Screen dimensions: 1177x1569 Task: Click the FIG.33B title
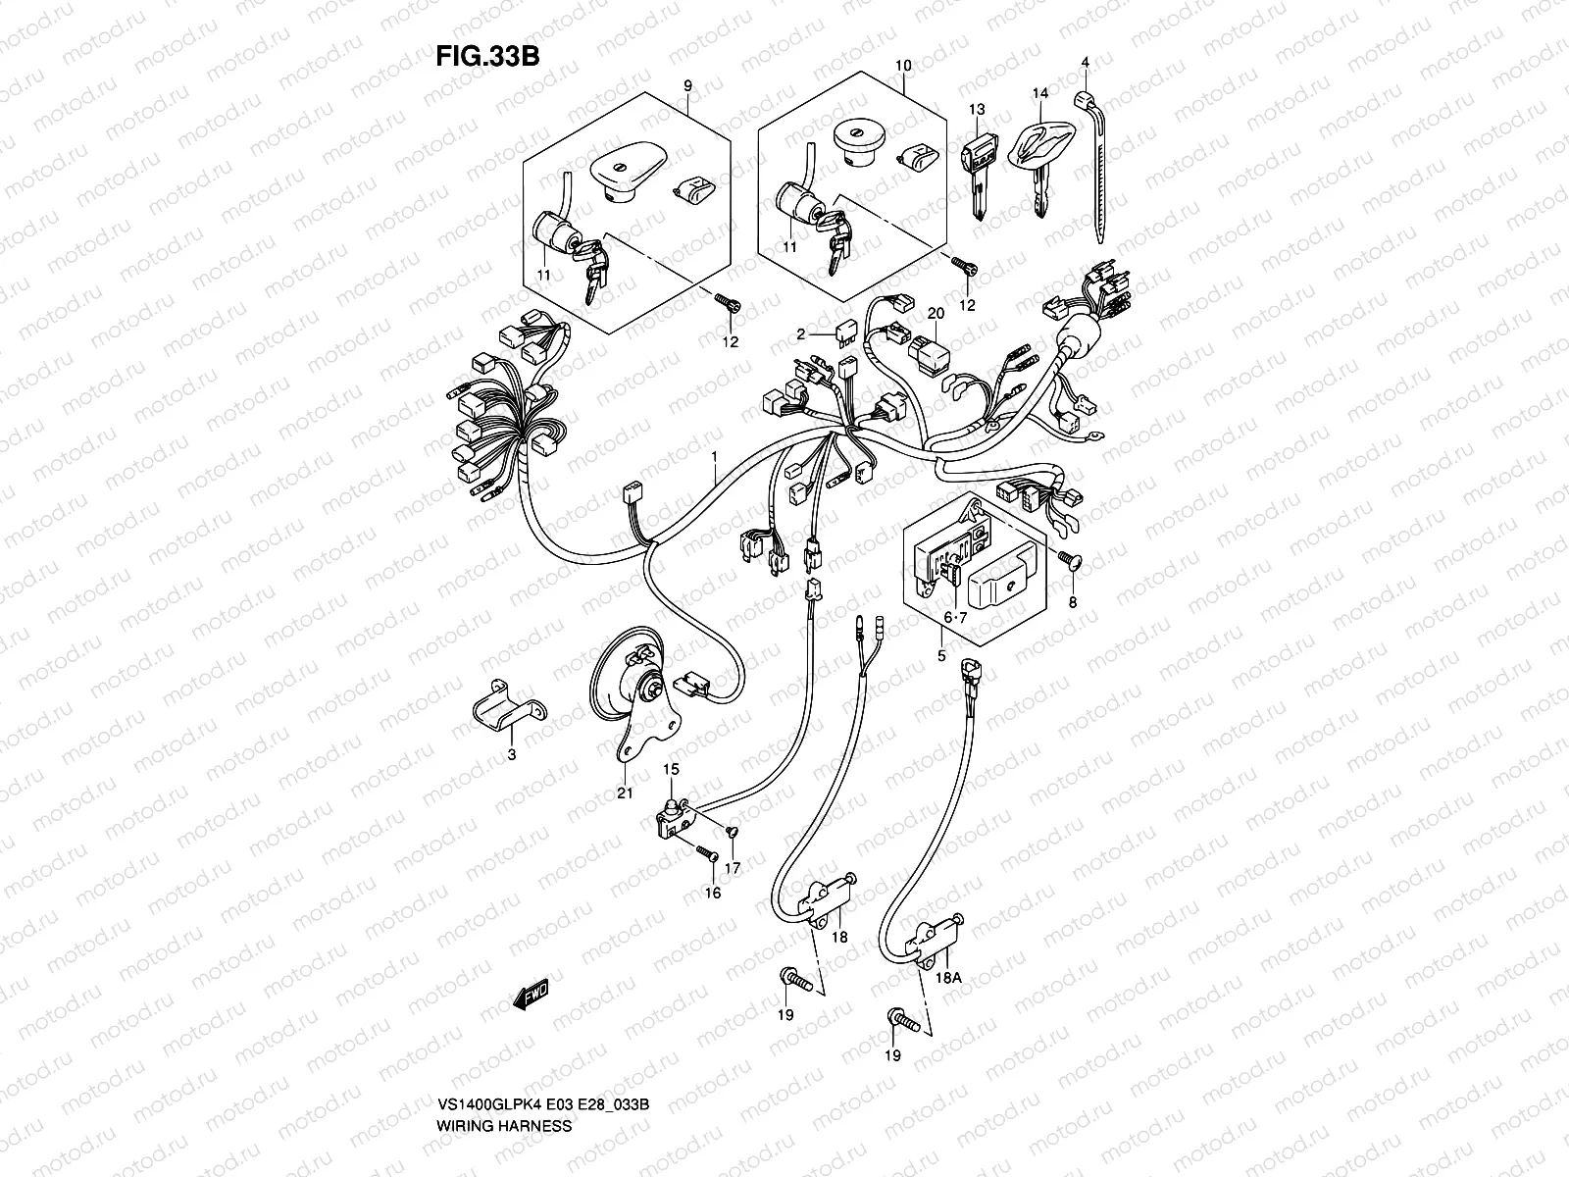pyautogui.click(x=487, y=56)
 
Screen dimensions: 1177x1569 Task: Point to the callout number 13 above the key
pyautogui.click(x=976, y=108)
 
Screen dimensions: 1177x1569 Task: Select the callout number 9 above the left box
pyautogui.click(x=687, y=86)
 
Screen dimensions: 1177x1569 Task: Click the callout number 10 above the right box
pyautogui.click(x=903, y=66)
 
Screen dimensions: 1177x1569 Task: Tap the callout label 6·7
pyautogui.click(x=955, y=616)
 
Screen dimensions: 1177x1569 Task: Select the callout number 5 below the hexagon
pyautogui.click(x=941, y=656)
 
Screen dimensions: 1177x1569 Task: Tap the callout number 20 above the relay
pyautogui.click(x=936, y=313)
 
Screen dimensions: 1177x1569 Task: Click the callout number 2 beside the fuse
pyautogui.click(x=800, y=334)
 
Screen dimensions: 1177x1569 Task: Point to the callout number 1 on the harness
pyautogui.click(x=715, y=457)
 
